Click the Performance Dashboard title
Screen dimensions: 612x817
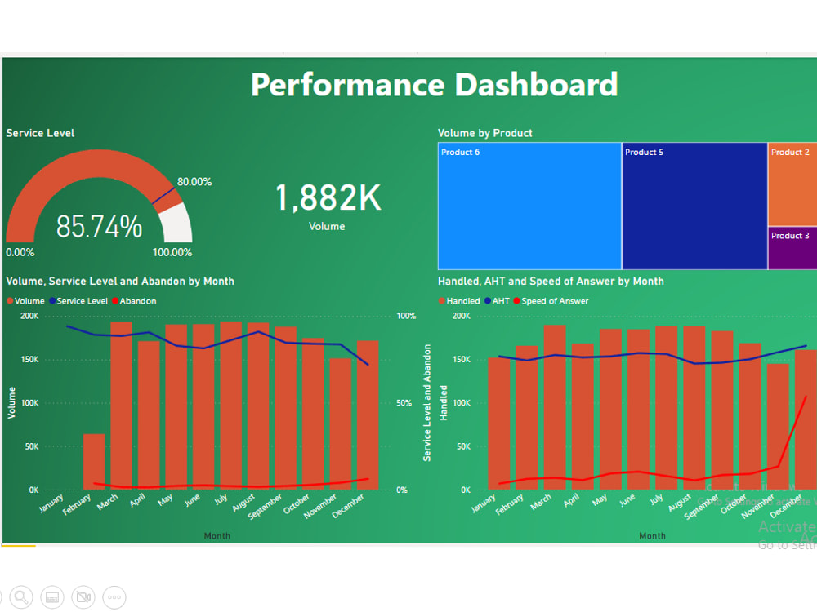434,85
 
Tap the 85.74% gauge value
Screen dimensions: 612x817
99,227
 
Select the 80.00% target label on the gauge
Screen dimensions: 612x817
194,182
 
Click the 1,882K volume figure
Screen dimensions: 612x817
327,198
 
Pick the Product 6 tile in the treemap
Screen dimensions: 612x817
529,206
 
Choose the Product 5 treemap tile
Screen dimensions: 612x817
694,206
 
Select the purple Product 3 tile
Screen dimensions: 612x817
792,249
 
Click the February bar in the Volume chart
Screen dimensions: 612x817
94,462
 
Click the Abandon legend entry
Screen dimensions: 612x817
137,301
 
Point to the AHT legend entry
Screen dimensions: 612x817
500,301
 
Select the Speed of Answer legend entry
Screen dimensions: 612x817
554,301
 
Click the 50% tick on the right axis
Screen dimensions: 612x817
403,403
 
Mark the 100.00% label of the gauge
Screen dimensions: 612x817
172,253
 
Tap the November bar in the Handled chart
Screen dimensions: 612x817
778,427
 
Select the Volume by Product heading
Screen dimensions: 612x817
484,133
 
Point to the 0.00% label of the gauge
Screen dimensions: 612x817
20,253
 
